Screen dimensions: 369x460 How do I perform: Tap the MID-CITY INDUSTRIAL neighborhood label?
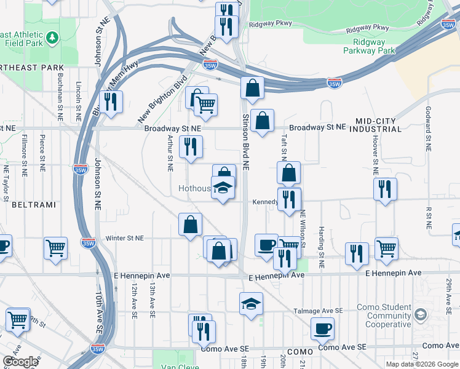click(x=375, y=125)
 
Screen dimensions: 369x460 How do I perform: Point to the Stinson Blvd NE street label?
click(x=245, y=141)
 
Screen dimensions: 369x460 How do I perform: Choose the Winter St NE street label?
click(x=124, y=238)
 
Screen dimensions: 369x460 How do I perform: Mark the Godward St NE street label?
click(x=427, y=129)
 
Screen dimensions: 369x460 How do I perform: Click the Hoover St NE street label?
click(x=375, y=151)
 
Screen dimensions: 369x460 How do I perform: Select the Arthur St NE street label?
click(x=169, y=151)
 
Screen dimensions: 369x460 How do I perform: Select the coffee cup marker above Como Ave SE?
click(x=322, y=328)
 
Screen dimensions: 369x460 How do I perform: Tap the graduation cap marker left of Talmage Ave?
click(x=251, y=303)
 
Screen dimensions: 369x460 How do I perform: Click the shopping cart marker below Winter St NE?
click(x=55, y=248)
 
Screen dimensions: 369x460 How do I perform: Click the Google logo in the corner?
click(x=20, y=362)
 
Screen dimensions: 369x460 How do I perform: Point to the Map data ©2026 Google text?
click(x=422, y=364)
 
